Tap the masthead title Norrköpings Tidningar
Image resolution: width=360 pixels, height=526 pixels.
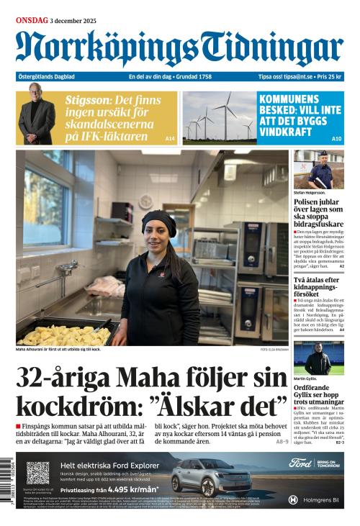[179, 49]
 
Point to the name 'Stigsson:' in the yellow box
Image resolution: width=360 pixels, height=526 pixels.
[87, 100]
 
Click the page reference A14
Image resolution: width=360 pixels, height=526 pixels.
[170, 138]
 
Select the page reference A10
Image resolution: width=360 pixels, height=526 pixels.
[336, 138]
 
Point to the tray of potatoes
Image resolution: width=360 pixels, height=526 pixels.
[65, 335]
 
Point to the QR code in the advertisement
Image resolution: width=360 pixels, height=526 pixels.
[37, 472]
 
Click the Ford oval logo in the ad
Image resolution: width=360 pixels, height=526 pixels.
[300, 463]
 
